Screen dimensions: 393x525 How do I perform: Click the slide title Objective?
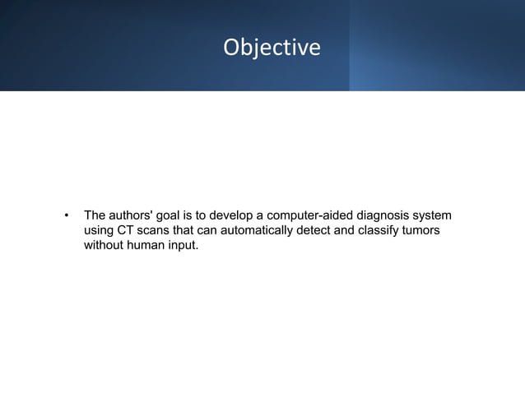[272, 48]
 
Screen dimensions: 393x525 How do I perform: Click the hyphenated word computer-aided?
[308, 215]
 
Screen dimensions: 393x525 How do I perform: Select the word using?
[99, 231]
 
